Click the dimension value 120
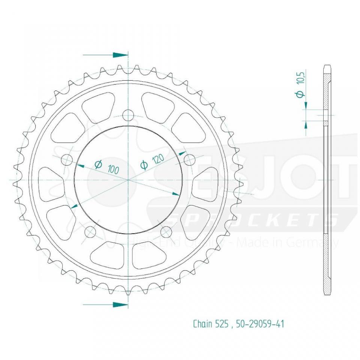(x=158, y=160)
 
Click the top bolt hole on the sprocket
(x=129, y=115)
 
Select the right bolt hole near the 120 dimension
(x=190, y=160)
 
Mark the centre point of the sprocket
(x=128, y=180)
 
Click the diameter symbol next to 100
(x=98, y=164)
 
